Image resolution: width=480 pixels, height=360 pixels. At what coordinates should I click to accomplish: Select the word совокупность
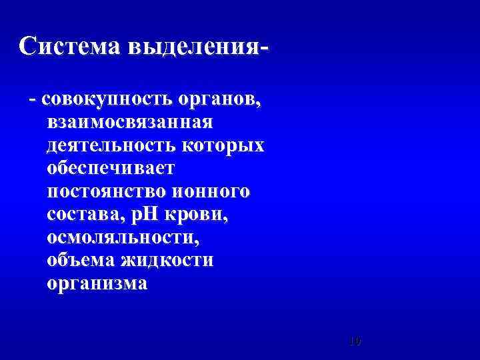tap(107, 99)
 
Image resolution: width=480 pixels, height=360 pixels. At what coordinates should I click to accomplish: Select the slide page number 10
tap(355, 341)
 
